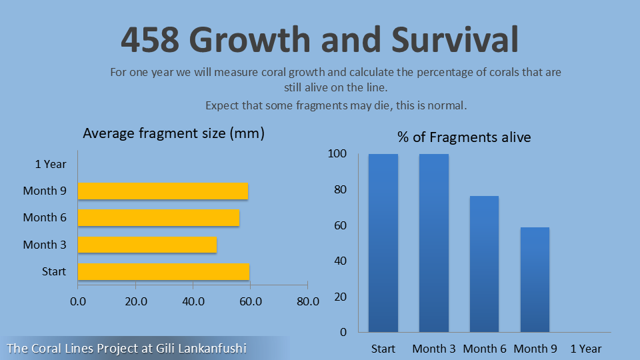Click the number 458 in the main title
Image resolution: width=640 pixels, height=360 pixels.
click(150, 39)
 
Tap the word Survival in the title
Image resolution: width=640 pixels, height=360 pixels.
click(455, 39)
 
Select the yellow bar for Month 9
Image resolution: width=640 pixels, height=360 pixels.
click(163, 191)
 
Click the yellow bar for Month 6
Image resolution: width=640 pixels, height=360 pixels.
click(159, 217)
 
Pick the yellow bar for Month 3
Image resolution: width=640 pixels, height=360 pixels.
click(147, 245)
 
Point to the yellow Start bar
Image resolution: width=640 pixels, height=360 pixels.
click(164, 271)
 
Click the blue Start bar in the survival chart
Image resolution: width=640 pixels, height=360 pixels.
click(383, 243)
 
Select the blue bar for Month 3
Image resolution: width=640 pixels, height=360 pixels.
click(434, 243)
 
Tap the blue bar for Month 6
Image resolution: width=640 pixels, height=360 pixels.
click(485, 264)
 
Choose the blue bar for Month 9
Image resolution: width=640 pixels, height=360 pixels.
click(535, 279)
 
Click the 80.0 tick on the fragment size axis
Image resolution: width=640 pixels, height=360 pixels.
click(308, 301)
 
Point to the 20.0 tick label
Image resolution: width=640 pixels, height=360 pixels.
click(136, 301)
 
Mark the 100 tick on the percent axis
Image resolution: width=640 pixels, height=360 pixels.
click(337, 153)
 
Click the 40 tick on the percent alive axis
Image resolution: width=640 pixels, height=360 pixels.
click(341, 261)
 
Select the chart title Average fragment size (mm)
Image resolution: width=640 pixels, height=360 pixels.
click(174, 133)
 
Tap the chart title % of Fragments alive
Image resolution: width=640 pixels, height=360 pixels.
click(465, 137)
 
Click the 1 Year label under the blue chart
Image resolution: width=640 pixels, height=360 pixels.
click(586, 349)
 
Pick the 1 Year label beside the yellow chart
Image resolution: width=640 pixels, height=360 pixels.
click(51, 164)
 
